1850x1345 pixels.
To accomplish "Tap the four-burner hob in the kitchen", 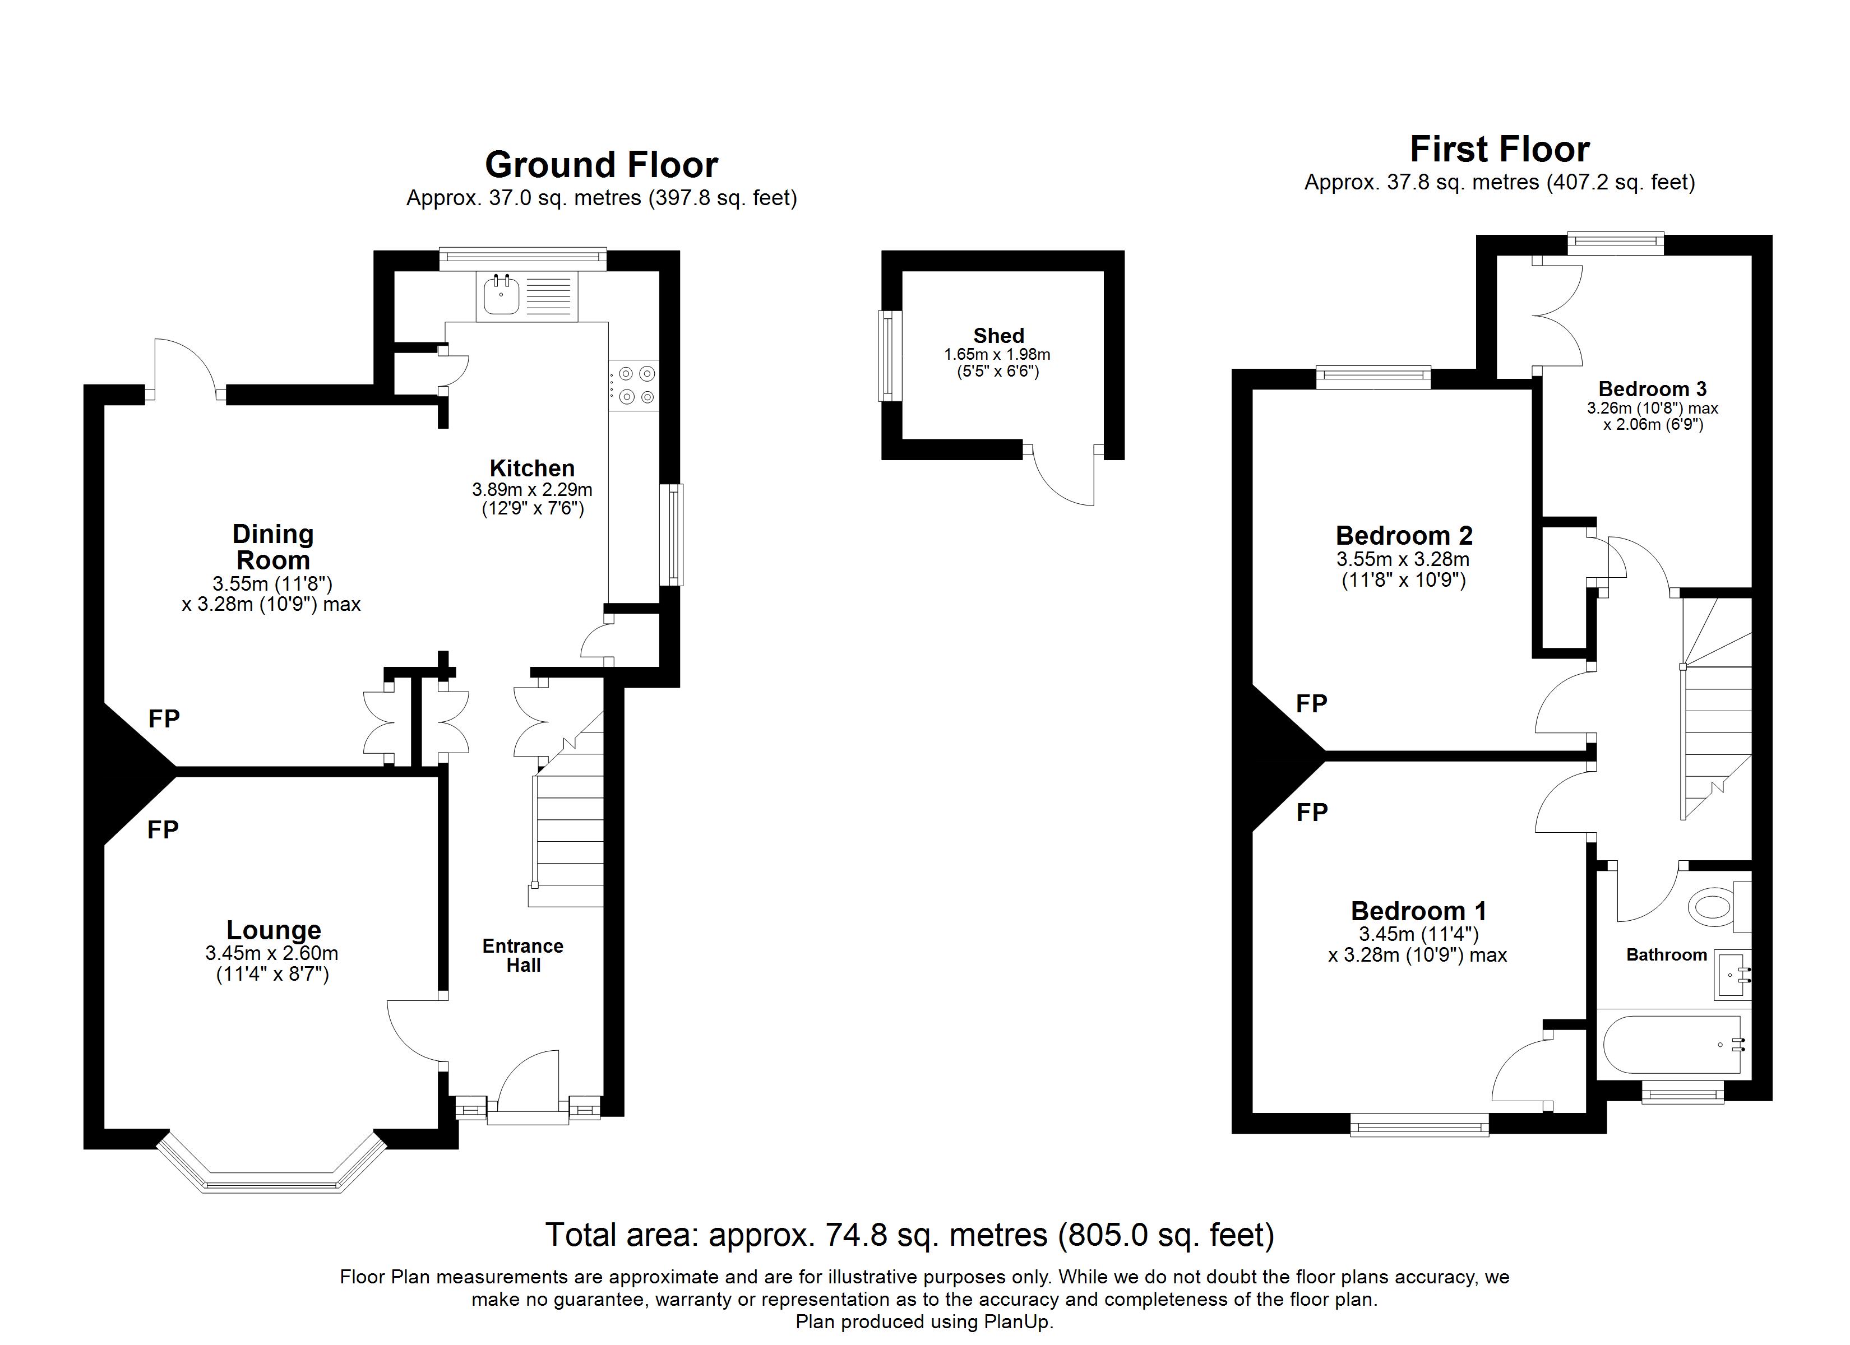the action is click(634, 385).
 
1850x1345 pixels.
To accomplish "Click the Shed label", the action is click(998, 335).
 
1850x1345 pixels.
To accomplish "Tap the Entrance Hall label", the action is click(523, 955).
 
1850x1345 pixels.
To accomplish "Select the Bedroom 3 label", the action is click(1653, 389).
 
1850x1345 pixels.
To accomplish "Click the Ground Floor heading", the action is click(601, 165).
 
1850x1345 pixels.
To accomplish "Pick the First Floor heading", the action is click(1499, 149).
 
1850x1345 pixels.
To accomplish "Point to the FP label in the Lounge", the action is click(163, 829).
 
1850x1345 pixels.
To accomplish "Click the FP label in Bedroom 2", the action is click(1312, 703).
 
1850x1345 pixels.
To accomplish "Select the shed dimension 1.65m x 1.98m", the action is click(997, 355).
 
